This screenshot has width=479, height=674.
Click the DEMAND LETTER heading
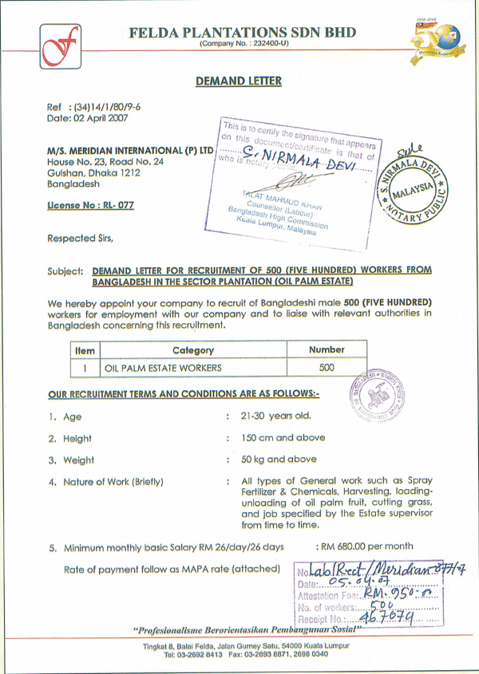tap(239, 81)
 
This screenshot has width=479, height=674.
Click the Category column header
tap(192, 350)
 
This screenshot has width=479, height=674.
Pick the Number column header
tap(327, 349)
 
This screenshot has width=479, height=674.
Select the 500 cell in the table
tap(327, 368)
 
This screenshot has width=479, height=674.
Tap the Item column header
tap(85, 350)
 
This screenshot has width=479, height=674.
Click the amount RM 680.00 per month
tap(366, 546)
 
